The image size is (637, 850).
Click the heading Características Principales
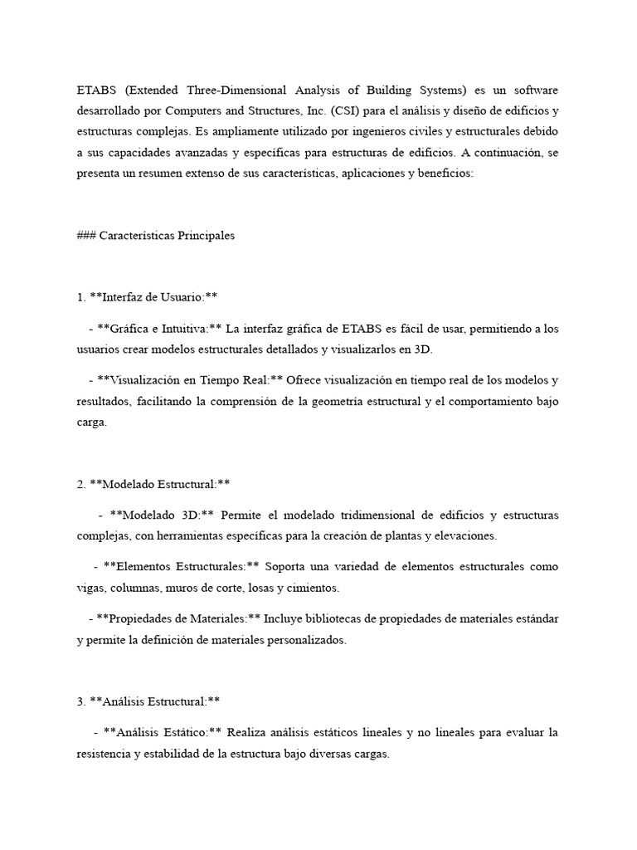tap(167, 235)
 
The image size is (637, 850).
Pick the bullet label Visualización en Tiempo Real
tap(190, 380)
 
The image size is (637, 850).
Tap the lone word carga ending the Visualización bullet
tap(91, 422)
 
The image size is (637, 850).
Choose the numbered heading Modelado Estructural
tap(159, 484)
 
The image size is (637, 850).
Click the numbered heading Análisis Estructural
tap(154, 701)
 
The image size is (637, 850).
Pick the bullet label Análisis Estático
tap(163, 733)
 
